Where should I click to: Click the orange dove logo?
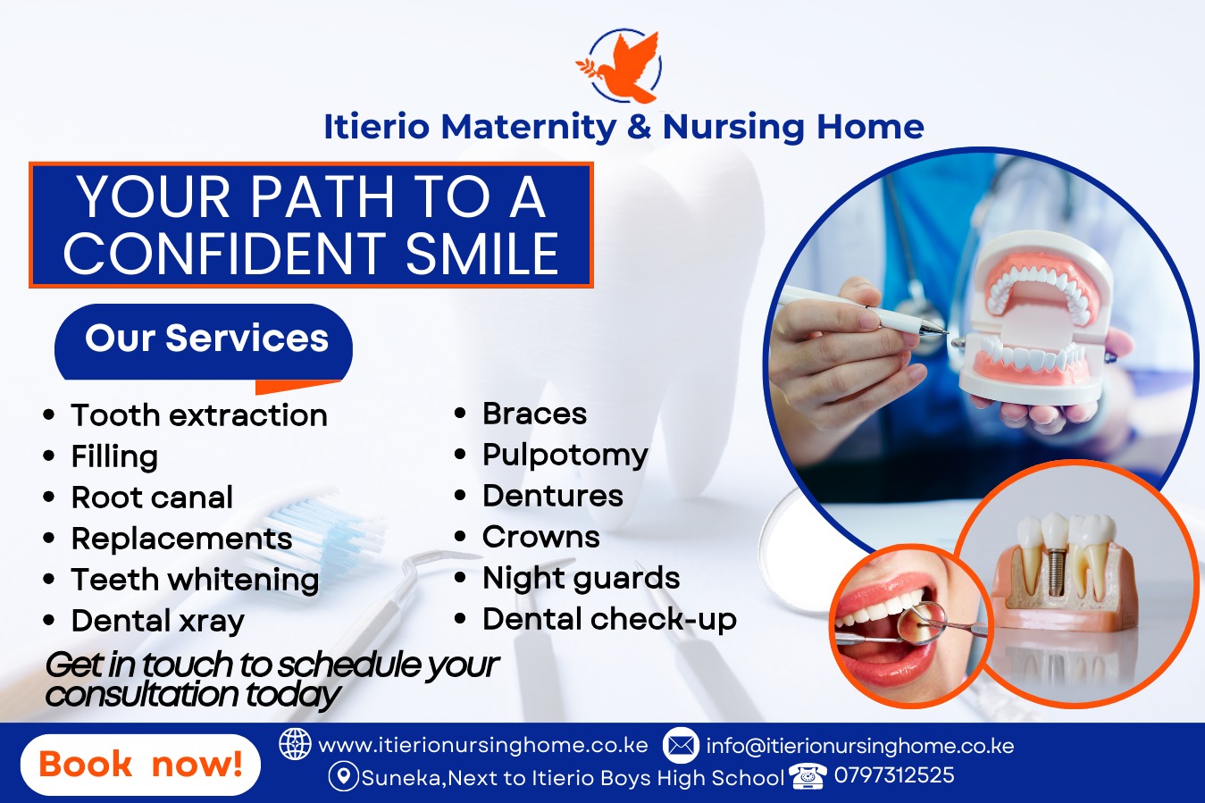tap(619, 66)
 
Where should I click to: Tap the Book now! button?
tap(140, 765)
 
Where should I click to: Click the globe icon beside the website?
tap(295, 744)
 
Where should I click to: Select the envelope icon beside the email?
tap(681, 745)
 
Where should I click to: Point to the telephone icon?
tap(808, 776)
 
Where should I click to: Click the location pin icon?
tap(343, 776)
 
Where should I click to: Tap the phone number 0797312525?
tap(894, 775)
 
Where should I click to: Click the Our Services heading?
tap(206, 338)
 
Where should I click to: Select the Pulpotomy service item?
tap(565, 455)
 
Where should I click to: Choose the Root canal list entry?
tap(152, 497)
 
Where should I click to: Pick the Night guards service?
tap(581, 579)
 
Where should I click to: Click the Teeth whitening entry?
tap(196, 581)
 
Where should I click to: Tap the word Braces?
tap(534, 414)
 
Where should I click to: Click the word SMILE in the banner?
tap(482, 254)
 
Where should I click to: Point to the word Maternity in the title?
tap(529, 127)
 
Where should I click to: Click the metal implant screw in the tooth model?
tap(1056, 571)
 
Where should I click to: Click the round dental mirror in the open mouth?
tap(922, 623)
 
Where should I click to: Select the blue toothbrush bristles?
tap(322, 524)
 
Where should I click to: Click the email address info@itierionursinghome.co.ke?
tap(859, 746)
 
